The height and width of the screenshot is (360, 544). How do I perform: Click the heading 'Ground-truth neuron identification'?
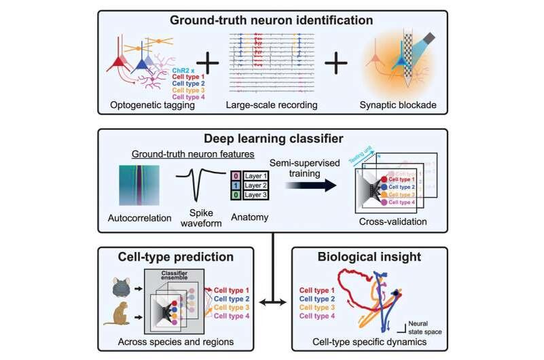[272, 20]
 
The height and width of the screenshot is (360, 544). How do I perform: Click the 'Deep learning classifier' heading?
[272, 140]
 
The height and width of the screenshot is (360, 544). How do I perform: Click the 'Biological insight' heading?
[367, 257]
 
